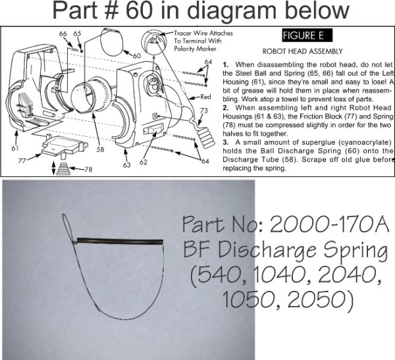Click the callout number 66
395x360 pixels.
coord(63,33)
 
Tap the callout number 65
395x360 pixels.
coord(77,33)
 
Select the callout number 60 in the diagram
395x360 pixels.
coord(136,56)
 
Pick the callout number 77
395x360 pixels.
coord(22,159)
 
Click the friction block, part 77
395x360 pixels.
coord(56,143)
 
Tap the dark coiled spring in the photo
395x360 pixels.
coord(118,240)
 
